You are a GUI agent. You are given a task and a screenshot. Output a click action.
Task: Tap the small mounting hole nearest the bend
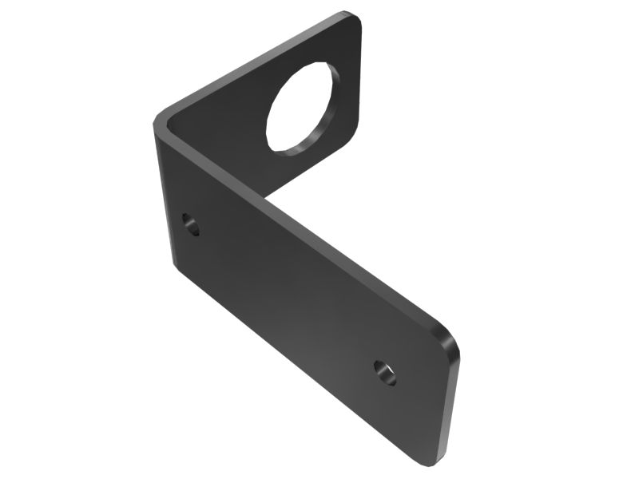pos(190,224)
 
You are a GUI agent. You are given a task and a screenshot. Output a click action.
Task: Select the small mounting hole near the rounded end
pos(385,372)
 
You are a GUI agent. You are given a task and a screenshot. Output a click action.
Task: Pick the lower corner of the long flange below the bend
pos(175,261)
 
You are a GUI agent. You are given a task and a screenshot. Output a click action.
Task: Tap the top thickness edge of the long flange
pos(304,231)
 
